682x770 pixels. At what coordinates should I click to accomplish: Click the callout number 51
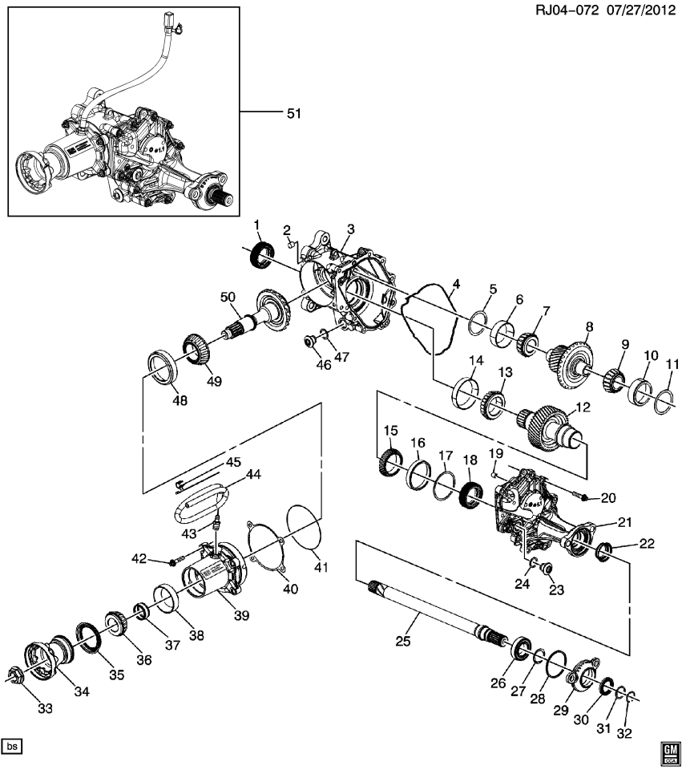click(293, 114)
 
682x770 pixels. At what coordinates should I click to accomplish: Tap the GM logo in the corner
click(669, 751)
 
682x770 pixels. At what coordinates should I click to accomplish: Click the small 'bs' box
click(12, 746)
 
